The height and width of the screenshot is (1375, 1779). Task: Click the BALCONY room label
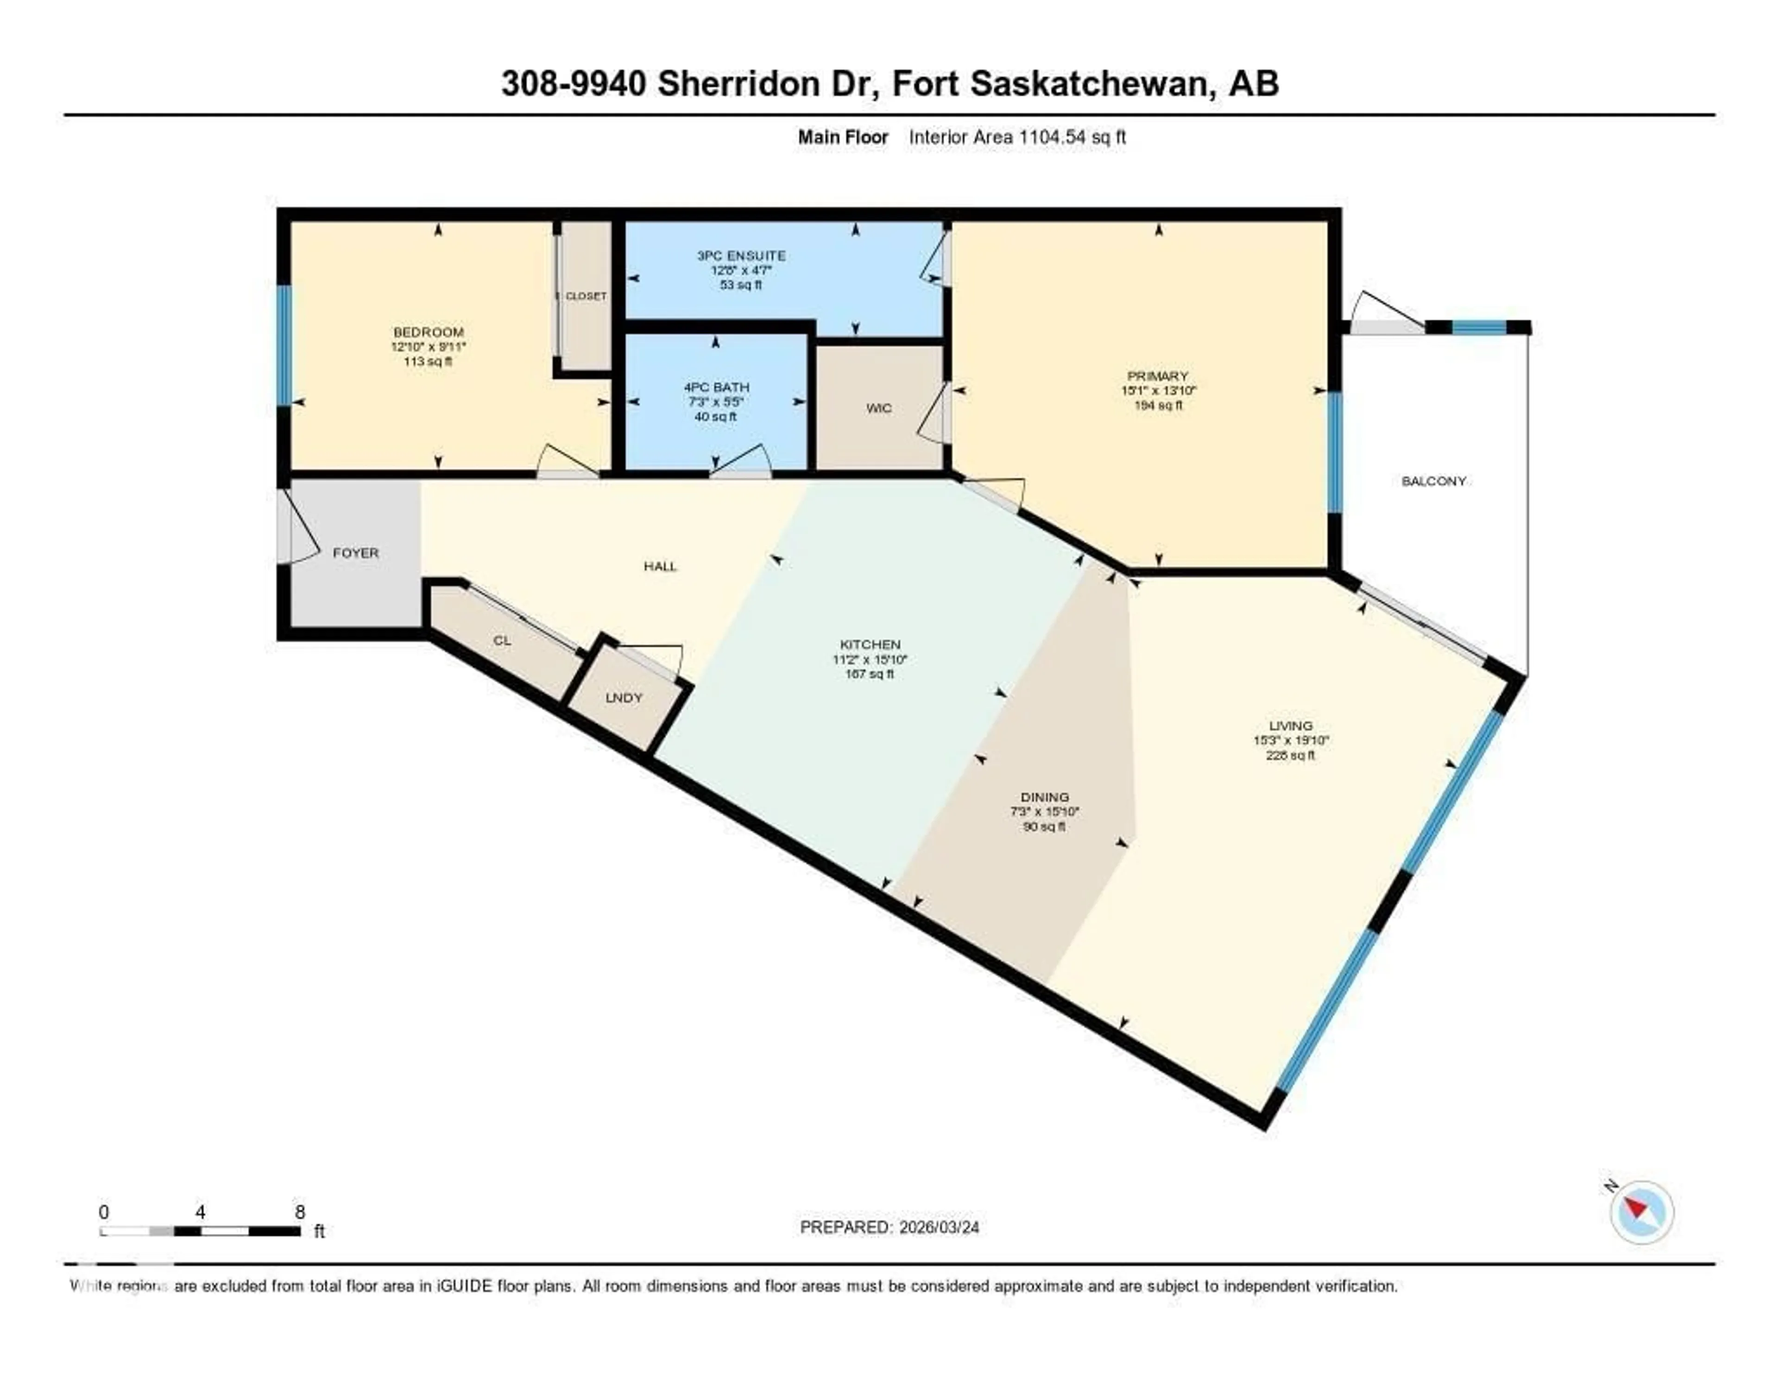pos(1434,482)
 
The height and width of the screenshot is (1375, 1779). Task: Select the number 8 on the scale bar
pos(300,1212)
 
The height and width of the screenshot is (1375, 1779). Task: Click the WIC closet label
pos(878,408)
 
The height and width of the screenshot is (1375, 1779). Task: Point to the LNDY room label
pos(624,699)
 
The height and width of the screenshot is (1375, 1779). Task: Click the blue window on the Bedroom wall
pos(284,345)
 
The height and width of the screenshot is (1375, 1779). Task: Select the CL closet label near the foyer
pos(503,642)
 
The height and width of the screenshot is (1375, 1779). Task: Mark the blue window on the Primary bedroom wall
pos(1334,452)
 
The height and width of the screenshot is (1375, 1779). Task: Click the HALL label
pos(660,567)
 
